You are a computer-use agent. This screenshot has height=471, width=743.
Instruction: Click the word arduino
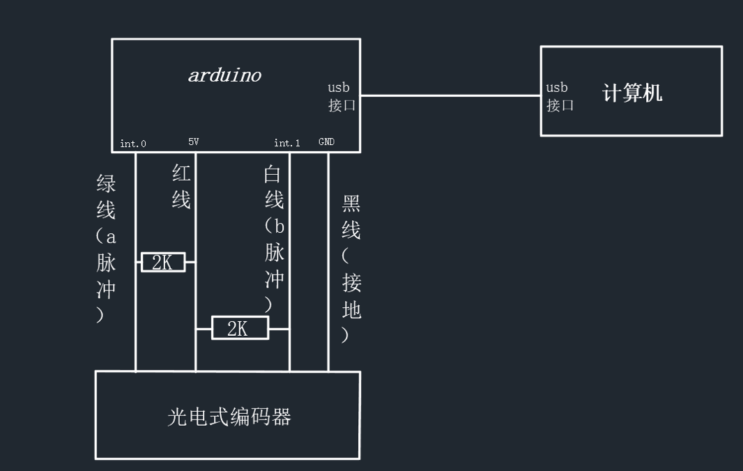pos(224,75)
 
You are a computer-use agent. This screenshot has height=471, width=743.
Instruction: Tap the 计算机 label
pos(632,93)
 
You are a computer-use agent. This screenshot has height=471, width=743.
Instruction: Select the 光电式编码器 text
pos(229,417)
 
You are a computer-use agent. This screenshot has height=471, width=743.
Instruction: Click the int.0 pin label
pos(133,144)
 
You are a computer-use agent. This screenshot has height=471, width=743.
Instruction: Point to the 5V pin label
pos(194,141)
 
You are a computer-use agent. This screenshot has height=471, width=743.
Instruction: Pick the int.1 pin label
pos(287,143)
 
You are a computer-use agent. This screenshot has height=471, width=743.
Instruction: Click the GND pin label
pos(326,141)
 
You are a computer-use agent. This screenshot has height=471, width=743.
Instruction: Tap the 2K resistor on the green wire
pos(163,262)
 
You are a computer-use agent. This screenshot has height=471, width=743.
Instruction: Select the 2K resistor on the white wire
pos(239,328)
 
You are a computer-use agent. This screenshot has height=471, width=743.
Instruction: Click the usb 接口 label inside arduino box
pos(342,96)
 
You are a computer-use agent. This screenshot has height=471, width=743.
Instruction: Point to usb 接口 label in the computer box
pos(559,96)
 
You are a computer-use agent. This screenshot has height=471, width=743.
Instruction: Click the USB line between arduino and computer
pos(450,95)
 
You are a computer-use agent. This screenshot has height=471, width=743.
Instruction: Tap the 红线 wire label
pos(181,187)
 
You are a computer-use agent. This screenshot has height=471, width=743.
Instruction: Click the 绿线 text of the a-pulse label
pos(106,197)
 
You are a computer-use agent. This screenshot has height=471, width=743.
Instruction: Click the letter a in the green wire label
pos(110,236)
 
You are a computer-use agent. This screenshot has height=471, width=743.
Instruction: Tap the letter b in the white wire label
pos(279,226)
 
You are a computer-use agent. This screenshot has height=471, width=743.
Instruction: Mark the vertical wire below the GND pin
pos(328,265)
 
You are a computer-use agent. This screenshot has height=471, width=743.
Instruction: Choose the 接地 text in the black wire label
pos(351,295)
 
